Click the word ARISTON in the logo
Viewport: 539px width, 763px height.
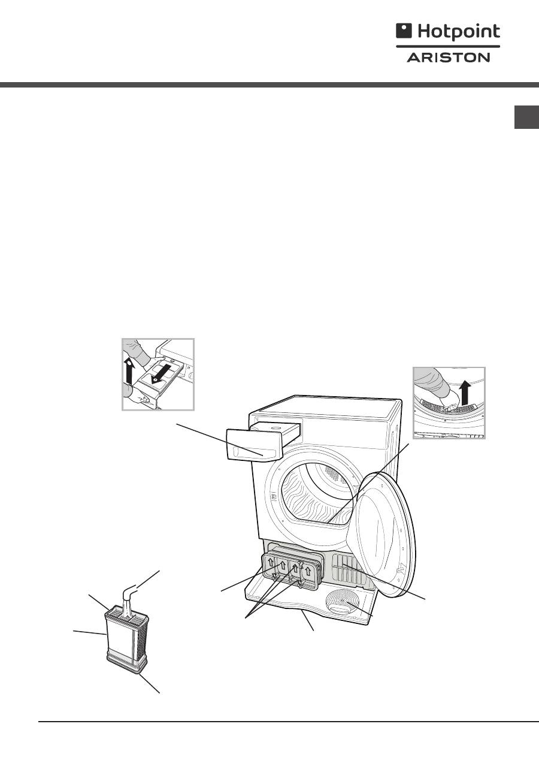pyautogui.click(x=449, y=58)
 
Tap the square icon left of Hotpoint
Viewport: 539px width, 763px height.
pyautogui.click(x=403, y=32)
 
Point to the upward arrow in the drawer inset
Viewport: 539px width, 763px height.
pyautogui.click(x=129, y=372)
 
